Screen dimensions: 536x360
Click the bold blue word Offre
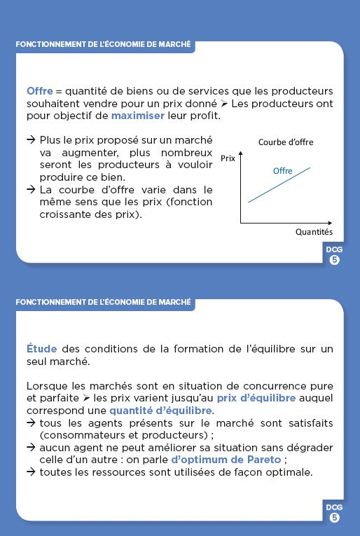coord(39,91)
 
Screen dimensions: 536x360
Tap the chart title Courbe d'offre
coord(285,142)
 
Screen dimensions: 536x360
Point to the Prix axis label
coord(228,158)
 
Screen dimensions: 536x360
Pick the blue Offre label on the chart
coord(282,171)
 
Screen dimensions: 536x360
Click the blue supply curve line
coord(279,185)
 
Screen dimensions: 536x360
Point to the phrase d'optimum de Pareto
coord(226,460)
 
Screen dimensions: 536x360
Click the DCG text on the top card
coord(334,249)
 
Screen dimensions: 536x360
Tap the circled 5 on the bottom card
coord(334,518)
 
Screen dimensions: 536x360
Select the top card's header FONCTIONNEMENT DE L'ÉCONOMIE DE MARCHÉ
coord(103,44)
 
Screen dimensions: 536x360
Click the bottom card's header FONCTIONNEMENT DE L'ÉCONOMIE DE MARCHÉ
coord(103,302)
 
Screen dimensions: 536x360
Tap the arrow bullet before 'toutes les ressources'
coord(31,472)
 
